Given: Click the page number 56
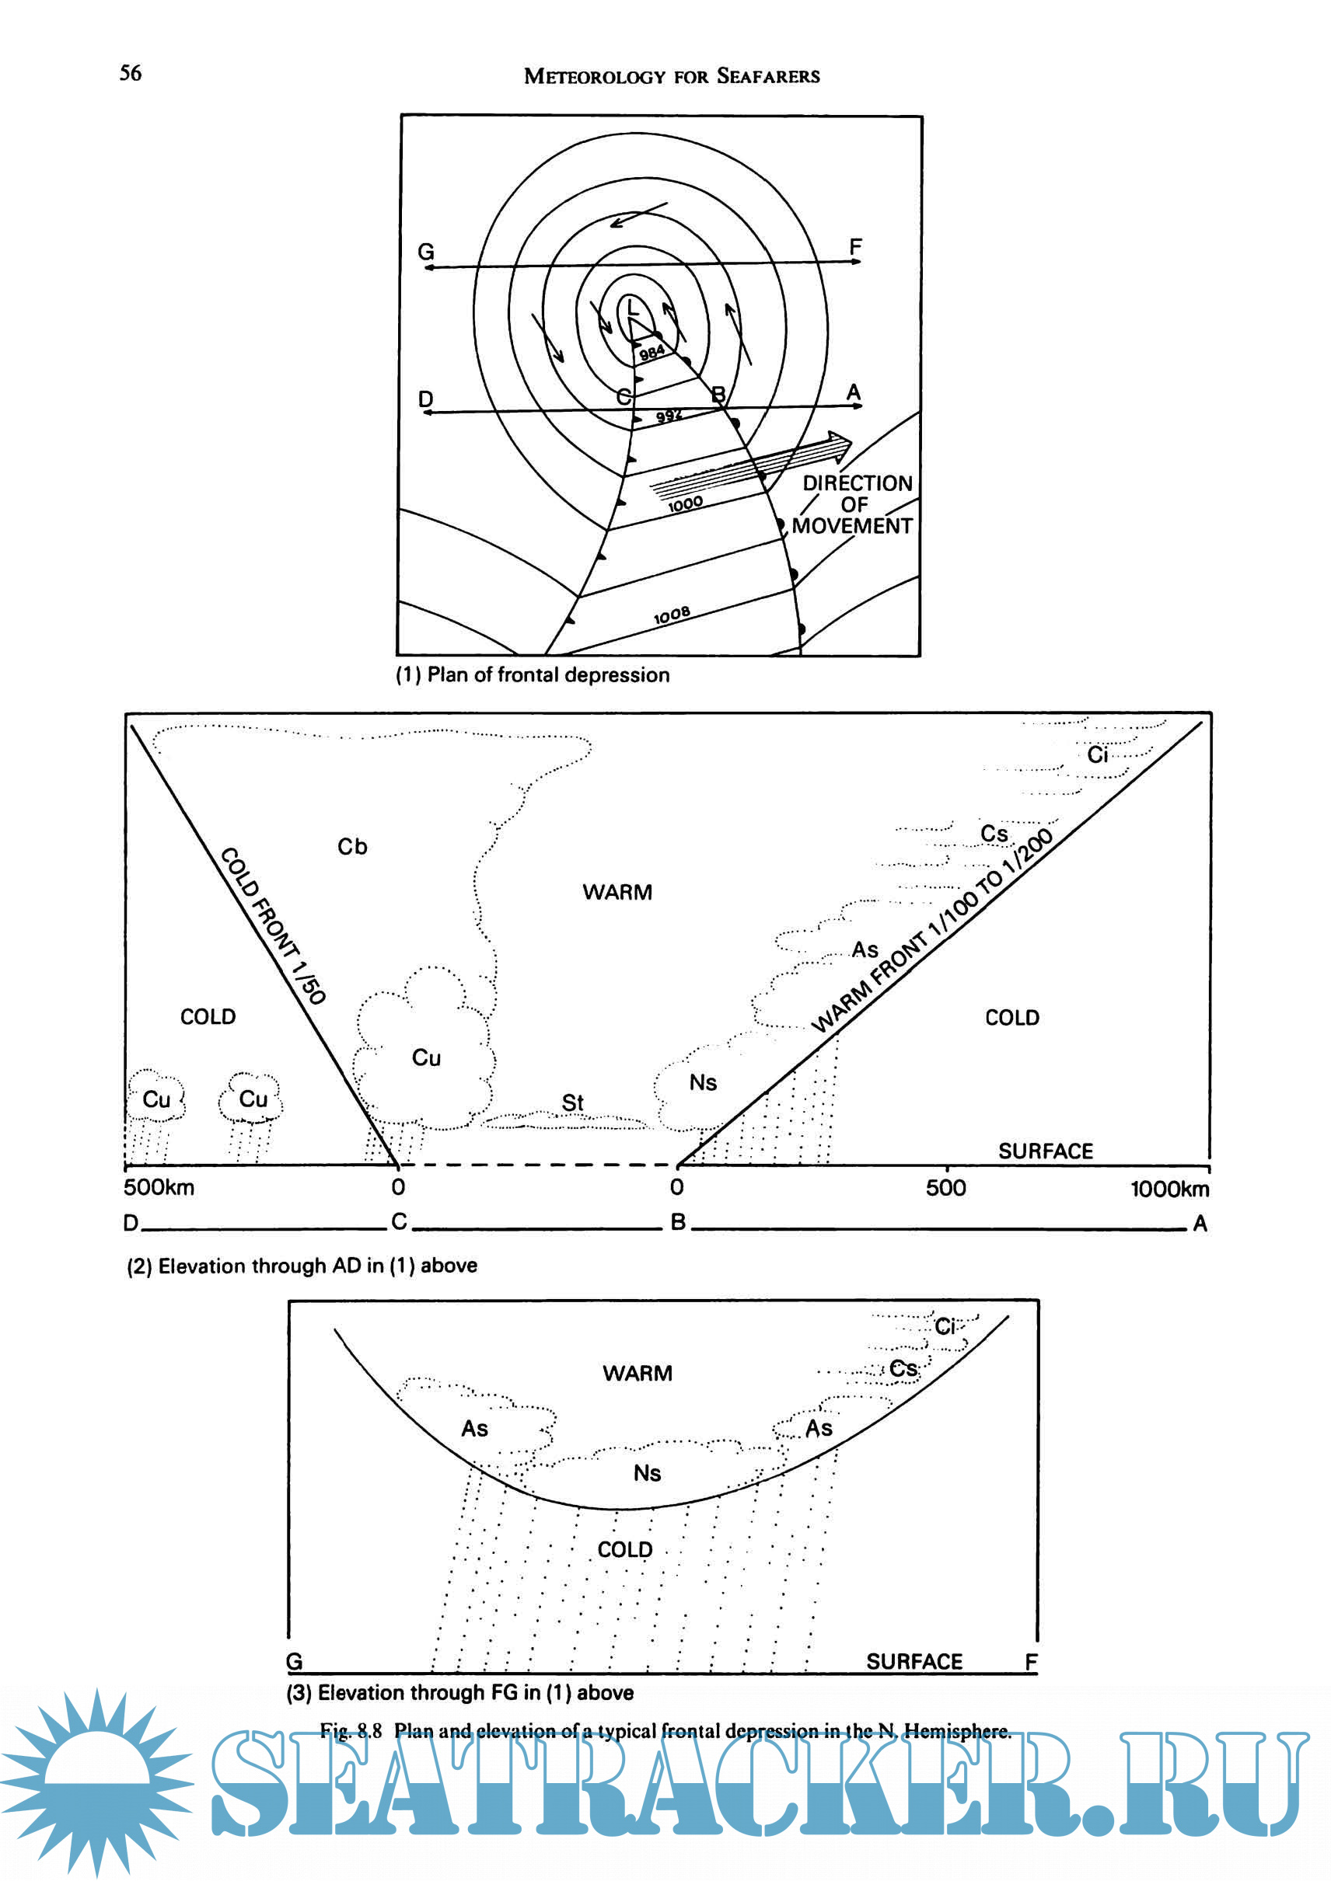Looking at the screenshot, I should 131,73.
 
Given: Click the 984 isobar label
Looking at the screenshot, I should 652,353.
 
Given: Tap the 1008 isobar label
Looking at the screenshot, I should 671,615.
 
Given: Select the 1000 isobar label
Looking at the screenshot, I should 685,503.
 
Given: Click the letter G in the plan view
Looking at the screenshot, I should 425,252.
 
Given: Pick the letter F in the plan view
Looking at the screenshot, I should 855,246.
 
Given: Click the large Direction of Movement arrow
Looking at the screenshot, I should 750,467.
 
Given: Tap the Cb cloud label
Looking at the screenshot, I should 352,846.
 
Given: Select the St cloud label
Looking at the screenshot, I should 572,1102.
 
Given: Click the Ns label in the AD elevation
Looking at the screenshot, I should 702,1082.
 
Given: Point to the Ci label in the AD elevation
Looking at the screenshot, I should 1097,754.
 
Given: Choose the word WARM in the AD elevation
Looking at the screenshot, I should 617,892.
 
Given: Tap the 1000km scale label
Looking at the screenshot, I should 1169,1189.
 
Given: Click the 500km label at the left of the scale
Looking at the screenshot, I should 159,1187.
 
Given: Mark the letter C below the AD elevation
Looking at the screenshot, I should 399,1221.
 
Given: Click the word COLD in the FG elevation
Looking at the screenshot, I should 624,1549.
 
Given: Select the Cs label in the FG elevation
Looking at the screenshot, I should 903,1368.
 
